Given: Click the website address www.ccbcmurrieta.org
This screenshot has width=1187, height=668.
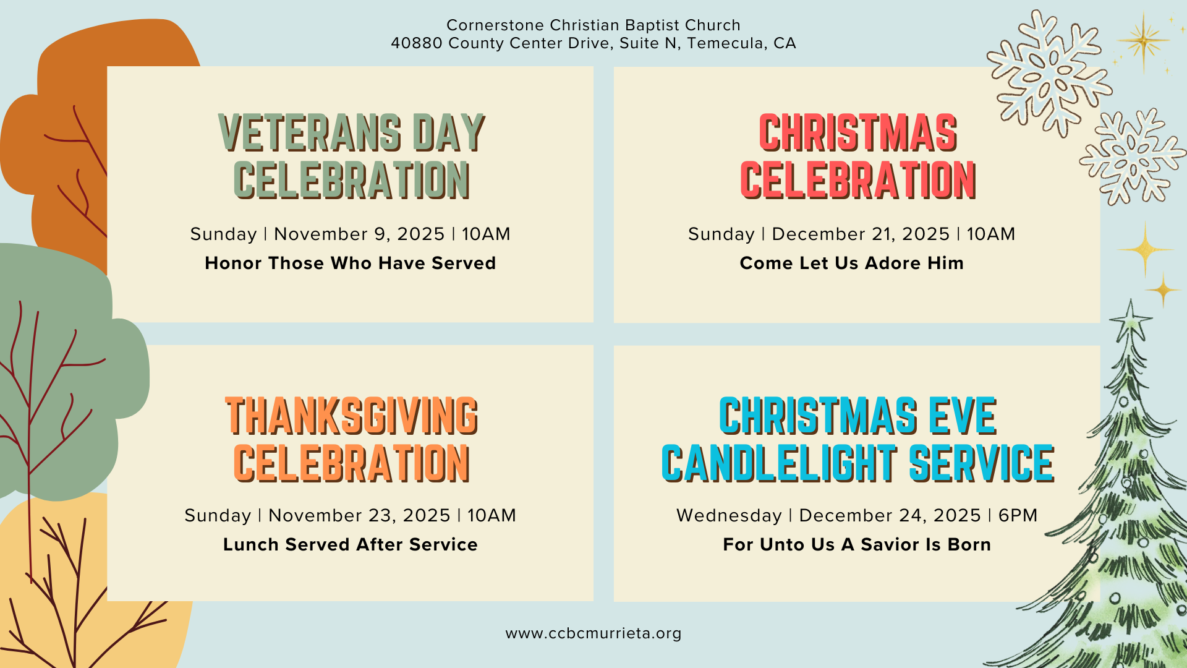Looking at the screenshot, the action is coord(593,633).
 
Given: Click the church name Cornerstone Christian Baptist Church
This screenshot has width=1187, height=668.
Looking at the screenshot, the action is coord(593,25).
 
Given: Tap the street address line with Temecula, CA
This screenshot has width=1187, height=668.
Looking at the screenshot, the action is coord(593,43).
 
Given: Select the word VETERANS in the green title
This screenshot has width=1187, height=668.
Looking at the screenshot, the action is coord(310,133).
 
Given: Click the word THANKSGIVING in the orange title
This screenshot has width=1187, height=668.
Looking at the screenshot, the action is coord(352,416).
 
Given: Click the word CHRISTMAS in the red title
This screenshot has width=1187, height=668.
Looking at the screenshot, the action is coord(858,133).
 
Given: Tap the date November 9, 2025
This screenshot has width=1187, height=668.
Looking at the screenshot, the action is coord(359,234).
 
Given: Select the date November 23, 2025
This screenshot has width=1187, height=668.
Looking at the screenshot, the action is coord(359,516).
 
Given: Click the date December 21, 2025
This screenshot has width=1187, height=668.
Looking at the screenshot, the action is coord(861,234).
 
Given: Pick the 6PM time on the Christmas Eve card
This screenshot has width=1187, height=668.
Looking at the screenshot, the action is coord(1018,516).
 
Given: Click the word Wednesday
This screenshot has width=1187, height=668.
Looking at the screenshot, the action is coord(730,516).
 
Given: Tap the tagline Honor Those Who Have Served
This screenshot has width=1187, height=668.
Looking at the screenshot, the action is coord(351,263).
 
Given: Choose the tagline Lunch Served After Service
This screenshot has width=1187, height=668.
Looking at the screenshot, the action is coord(351,545).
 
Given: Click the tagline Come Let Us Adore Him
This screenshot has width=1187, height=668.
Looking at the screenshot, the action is coord(852,263).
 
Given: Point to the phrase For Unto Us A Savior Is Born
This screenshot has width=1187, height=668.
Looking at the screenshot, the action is coord(857,545).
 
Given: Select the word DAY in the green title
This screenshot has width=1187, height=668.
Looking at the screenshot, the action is coord(449,133).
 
